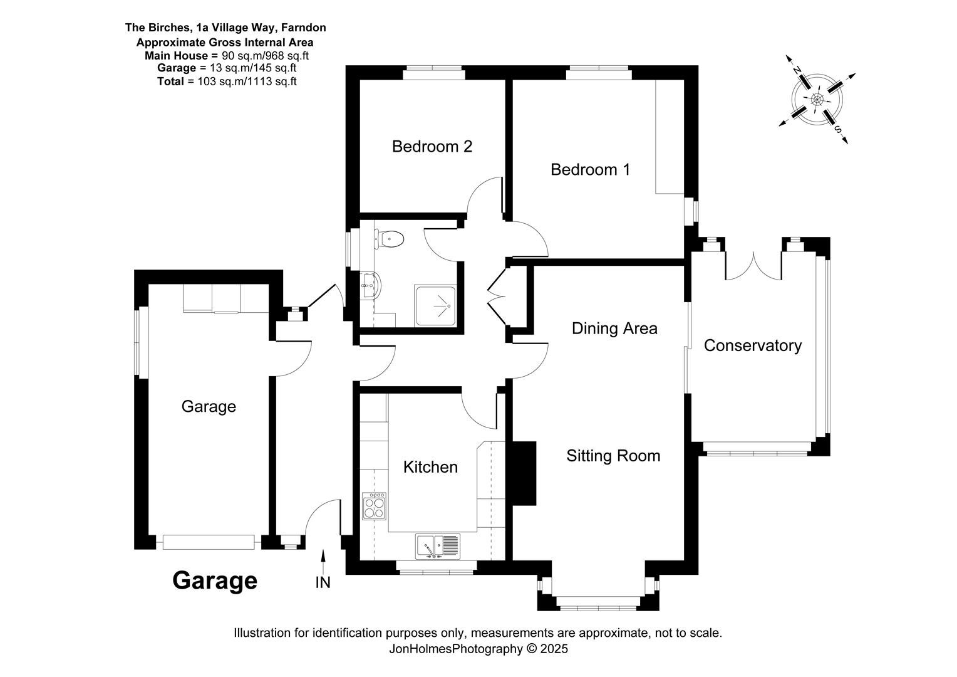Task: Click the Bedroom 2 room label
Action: click(x=432, y=147)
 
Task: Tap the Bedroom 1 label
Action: click(x=590, y=170)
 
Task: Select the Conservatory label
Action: click(x=752, y=345)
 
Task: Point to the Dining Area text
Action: click(x=614, y=328)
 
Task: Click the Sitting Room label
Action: click(x=613, y=456)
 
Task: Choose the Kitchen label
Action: click(x=430, y=467)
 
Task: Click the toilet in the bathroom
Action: click(x=389, y=239)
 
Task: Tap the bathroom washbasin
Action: click(x=370, y=285)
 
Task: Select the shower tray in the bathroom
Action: click(x=435, y=306)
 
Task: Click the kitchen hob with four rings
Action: click(x=374, y=506)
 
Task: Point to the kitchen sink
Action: click(x=438, y=546)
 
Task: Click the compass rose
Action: click(x=817, y=99)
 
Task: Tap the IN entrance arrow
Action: click(x=323, y=562)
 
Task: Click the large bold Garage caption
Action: click(x=214, y=580)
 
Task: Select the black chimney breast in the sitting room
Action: click(x=524, y=473)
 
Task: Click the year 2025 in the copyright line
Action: click(x=554, y=649)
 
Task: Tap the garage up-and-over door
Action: click(x=209, y=542)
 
